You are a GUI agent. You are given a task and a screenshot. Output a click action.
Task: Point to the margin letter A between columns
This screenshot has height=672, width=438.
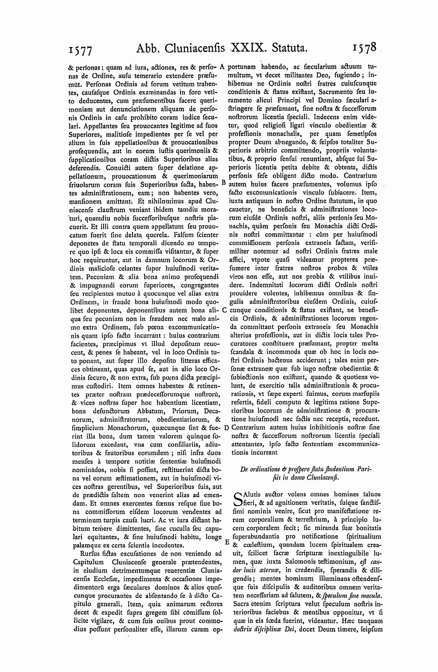pos(222,67)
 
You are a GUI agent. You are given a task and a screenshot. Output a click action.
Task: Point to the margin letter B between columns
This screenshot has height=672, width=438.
pos(223,182)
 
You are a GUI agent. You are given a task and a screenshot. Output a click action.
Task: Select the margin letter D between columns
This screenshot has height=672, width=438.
pos(226,427)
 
